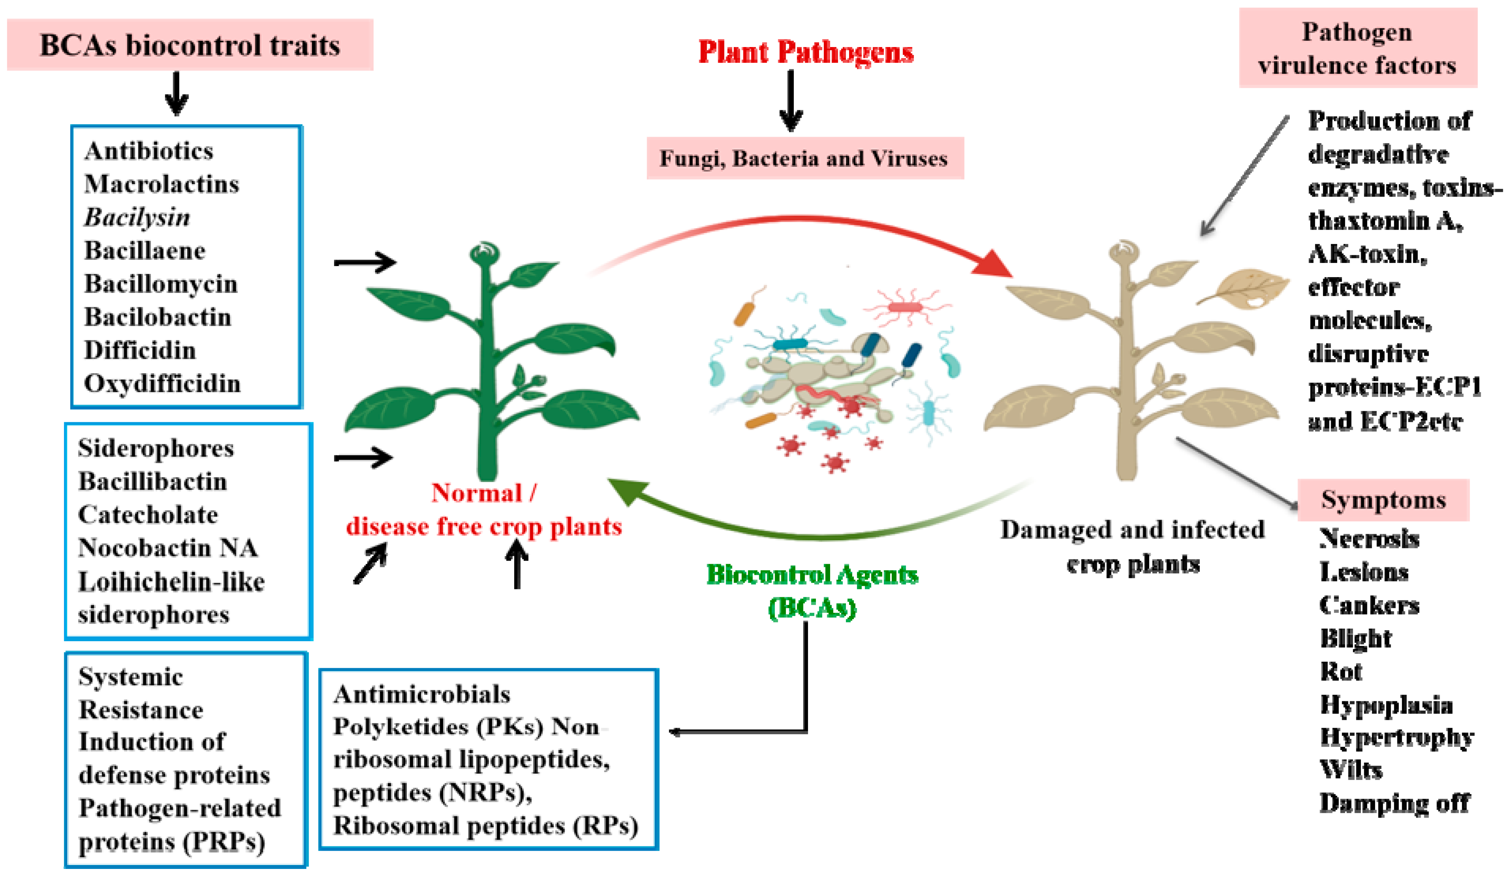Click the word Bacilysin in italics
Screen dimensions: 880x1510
pyautogui.click(x=137, y=217)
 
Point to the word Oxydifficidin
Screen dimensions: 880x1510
pyautogui.click(x=162, y=383)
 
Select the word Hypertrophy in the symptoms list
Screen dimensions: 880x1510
pyautogui.click(x=1396, y=737)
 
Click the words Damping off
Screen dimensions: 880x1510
pyautogui.click(x=1394, y=803)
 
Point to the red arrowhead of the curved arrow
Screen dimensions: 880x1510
pyautogui.click(x=992, y=264)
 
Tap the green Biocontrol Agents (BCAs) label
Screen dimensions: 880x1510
pyautogui.click(x=812, y=591)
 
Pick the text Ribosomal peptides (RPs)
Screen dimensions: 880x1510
pyautogui.click(x=485, y=826)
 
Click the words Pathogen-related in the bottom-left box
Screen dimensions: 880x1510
pyautogui.click(x=180, y=808)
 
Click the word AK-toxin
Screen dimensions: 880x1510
pyautogui.click(x=1367, y=254)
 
